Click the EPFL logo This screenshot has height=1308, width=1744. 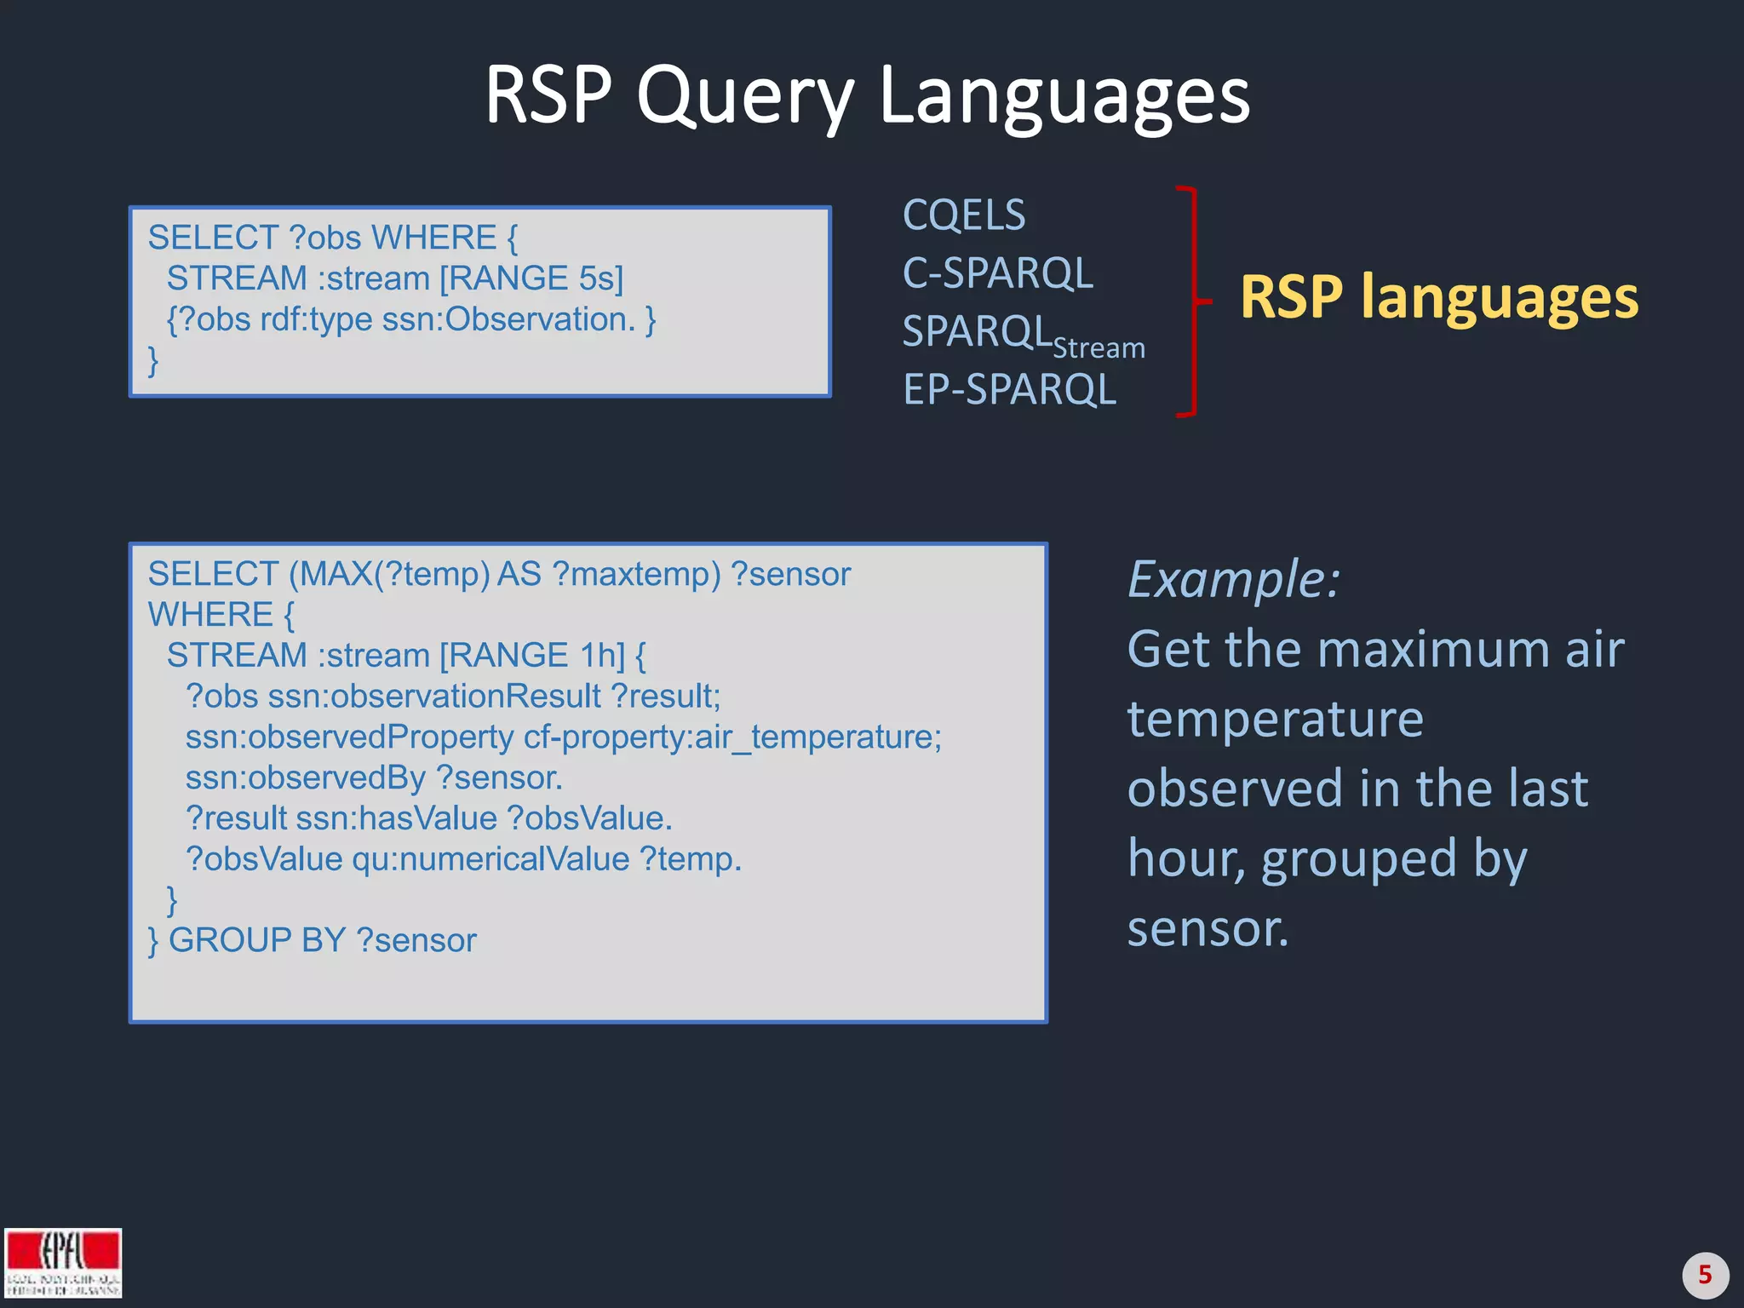pyautogui.click(x=63, y=1262)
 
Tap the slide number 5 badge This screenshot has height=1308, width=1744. pyautogui.click(x=1705, y=1275)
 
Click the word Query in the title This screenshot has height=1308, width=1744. pyautogui.click(x=744, y=95)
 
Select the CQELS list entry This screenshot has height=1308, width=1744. pyautogui.click(x=964, y=215)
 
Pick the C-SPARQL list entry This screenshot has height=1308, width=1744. pyautogui.click(x=997, y=273)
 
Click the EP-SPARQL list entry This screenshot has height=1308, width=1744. pyautogui.click(x=1009, y=390)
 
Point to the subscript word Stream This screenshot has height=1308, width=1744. pyautogui.click(x=1099, y=348)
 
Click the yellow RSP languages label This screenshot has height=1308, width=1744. pyautogui.click(x=1438, y=297)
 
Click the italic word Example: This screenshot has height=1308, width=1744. pyautogui.click(x=1233, y=579)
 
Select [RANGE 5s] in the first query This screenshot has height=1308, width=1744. pyautogui.click(x=531, y=278)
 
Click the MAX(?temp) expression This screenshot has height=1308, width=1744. pyautogui.click(x=390, y=574)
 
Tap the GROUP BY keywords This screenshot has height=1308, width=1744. pyautogui.click(x=256, y=940)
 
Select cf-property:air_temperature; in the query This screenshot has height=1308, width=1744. pyautogui.click(x=732, y=737)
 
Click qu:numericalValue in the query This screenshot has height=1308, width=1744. pyautogui.click(x=490, y=859)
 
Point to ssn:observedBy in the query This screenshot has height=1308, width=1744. pyautogui.click(x=305, y=777)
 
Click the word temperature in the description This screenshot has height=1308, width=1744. pyautogui.click(x=1275, y=719)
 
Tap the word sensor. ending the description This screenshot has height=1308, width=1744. pyautogui.click(x=1208, y=928)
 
